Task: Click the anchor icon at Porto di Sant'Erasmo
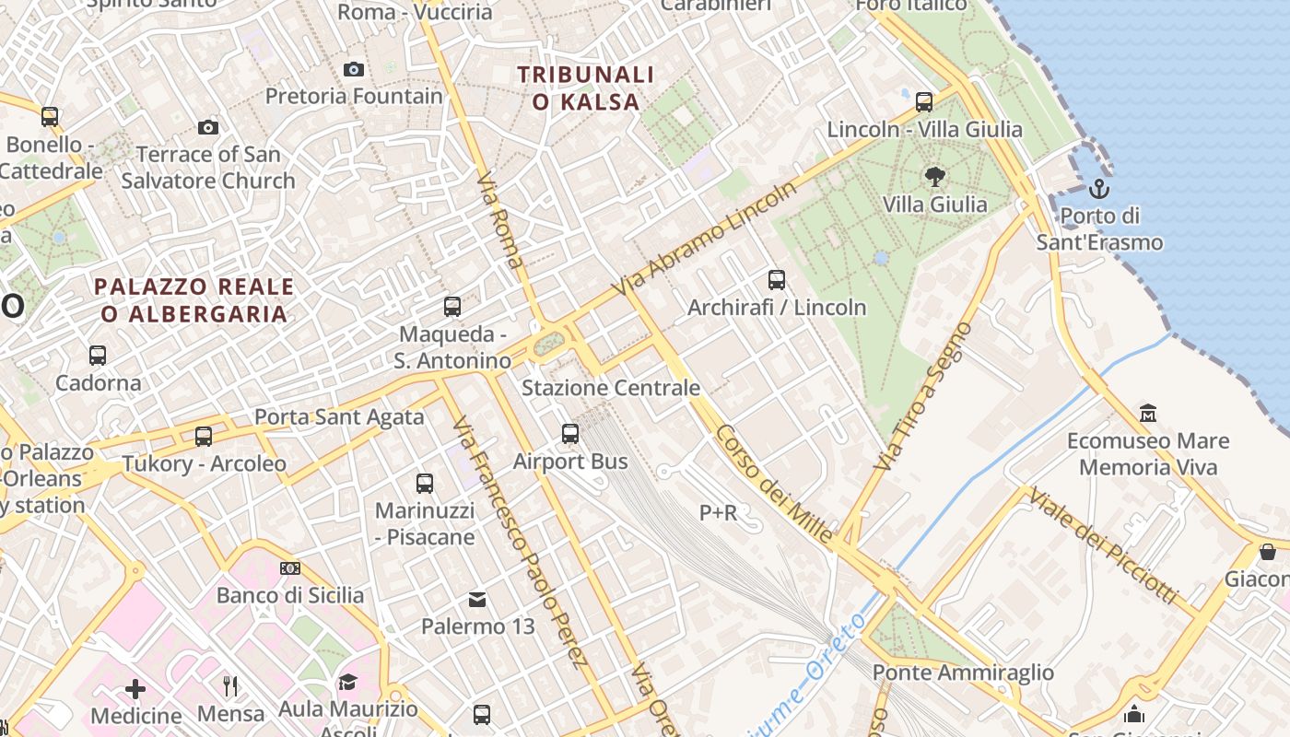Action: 1098,190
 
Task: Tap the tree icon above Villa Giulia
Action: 934,177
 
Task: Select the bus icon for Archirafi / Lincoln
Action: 777,279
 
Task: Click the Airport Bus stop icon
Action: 570,433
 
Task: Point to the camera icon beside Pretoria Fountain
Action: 353,69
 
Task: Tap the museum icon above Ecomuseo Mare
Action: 1148,412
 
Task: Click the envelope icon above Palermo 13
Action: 477,600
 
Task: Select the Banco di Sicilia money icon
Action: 290,568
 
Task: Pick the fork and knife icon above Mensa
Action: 230,685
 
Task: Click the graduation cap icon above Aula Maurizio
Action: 347,682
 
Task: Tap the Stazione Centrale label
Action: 611,388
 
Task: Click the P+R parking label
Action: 719,512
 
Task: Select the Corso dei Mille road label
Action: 774,485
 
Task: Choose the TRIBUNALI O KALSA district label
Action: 585,88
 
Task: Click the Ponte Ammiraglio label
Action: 963,673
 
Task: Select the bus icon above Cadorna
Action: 97,355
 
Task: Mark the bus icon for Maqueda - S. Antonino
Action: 452,307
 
